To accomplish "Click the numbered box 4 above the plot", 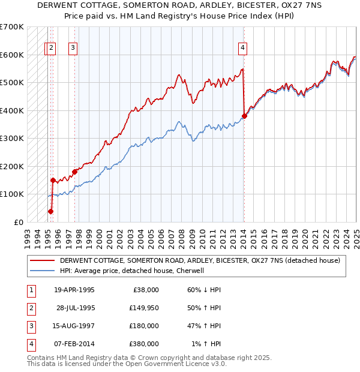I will click(243, 49).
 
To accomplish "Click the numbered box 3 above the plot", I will click(73, 49).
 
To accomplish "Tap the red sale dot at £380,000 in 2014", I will click(244, 116).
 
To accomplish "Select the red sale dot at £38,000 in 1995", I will click(50, 211).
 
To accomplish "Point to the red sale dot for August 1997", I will click(75, 172).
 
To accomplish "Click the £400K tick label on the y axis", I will click(11, 110).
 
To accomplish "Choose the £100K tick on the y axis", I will click(11, 194).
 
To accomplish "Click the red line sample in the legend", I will click(43, 260).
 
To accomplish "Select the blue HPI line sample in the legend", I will click(43, 271).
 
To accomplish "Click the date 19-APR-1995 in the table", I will click(74, 290).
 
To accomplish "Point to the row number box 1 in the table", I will click(31, 290).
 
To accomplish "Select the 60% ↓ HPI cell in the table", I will click(204, 290).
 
